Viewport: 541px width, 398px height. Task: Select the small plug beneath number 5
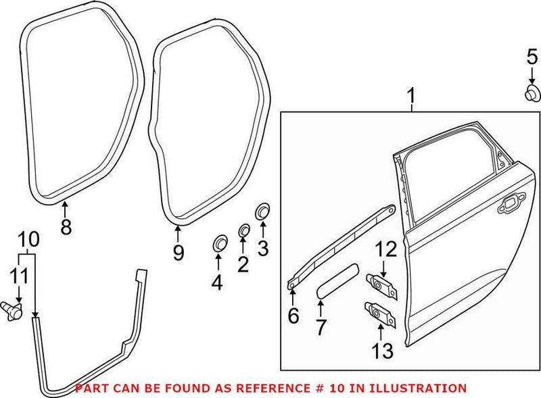[x=532, y=93]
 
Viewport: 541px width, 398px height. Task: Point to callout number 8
[x=66, y=227]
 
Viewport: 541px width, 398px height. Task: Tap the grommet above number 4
[x=220, y=243]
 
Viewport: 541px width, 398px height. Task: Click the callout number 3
[x=262, y=249]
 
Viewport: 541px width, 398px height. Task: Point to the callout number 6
[x=292, y=316]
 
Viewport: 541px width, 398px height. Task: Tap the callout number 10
[x=28, y=239]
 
